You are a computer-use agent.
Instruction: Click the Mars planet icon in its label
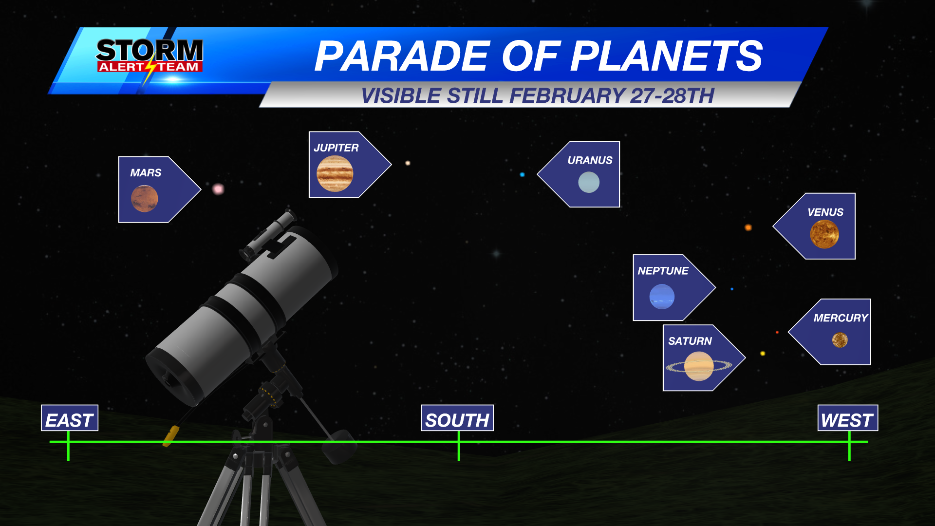click(x=145, y=199)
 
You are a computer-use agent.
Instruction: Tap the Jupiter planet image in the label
click(x=335, y=174)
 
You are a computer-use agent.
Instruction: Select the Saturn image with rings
click(x=699, y=366)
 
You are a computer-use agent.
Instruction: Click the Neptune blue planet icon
click(x=662, y=297)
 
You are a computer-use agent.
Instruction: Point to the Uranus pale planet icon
click(x=589, y=183)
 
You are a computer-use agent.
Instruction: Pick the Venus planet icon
click(x=824, y=234)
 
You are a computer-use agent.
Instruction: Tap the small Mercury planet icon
click(x=840, y=340)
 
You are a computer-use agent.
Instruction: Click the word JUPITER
click(x=336, y=148)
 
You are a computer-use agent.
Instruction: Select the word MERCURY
click(x=841, y=318)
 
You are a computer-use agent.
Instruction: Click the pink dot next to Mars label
click(x=218, y=188)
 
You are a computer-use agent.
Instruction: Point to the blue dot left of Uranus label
click(x=522, y=174)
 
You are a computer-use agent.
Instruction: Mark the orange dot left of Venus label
click(x=748, y=227)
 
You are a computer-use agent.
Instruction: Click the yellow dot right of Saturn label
click(x=763, y=353)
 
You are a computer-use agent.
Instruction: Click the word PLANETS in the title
click(x=666, y=56)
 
